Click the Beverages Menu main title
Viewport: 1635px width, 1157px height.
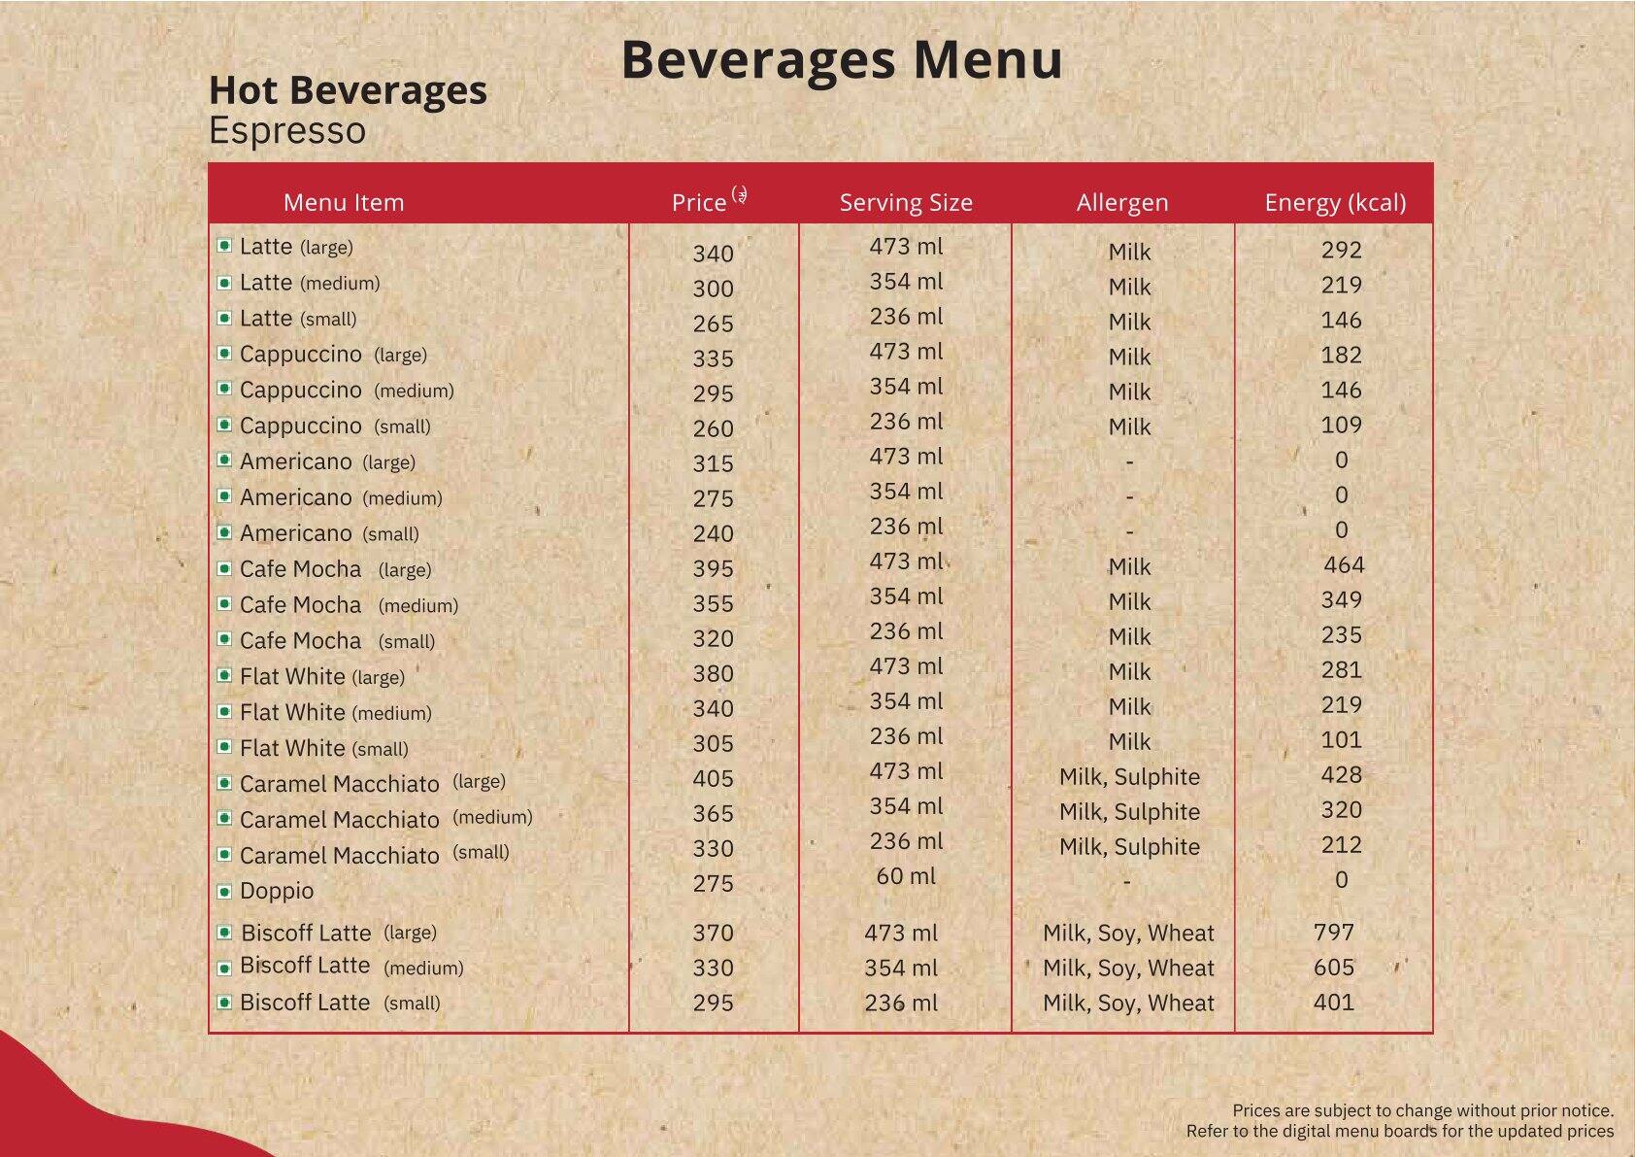pos(841,60)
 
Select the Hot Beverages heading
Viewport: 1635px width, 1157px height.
pos(348,90)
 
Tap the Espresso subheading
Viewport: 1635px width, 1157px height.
pos(287,131)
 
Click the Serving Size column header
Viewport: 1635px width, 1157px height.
pos(905,202)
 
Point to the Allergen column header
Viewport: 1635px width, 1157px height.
pos(1121,202)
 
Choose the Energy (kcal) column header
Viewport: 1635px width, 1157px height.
pos(1334,202)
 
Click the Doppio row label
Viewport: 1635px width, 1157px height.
pos(277,891)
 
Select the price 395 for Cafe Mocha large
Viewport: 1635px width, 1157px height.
pos(713,569)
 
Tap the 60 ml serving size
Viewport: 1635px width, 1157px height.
pos(905,876)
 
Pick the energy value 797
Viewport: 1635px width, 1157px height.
pos(1333,933)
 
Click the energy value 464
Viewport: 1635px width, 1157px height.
pos(1344,565)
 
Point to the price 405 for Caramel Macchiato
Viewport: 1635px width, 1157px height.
pos(713,779)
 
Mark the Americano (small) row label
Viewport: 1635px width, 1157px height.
pos(329,533)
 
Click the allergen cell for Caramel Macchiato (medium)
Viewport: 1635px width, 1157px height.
pos(1129,812)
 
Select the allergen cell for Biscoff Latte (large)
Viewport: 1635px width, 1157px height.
pos(1128,934)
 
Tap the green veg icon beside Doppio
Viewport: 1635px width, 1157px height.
pos(224,891)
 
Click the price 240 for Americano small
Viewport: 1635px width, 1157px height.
pos(713,534)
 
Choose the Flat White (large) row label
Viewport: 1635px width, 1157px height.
pos(321,677)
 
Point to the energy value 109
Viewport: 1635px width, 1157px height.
pos(1341,425)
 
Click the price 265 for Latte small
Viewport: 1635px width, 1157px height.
pos(713,324)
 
